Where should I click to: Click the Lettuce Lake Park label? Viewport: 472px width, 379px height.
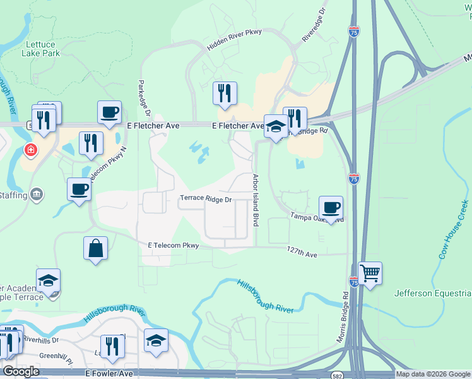[x=43, y=49]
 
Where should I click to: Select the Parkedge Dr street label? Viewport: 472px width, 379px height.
[x=142, y=98]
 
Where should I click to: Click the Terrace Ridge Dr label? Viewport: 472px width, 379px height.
[x=206, y=198]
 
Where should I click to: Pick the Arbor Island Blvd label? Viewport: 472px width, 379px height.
[x=256, y=200]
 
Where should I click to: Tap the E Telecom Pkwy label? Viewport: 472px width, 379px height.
[x=174, y=245]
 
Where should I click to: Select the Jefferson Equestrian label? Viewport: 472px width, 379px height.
[x=432, y=293]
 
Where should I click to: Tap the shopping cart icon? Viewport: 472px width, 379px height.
[x=370, y=274]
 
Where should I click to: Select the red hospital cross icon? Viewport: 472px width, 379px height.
[x=29, y=150]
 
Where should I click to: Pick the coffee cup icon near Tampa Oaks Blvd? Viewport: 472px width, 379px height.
[x=331, y=207]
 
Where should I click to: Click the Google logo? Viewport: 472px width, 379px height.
[x=21, y=371]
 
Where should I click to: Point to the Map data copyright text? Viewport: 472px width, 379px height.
[x=432, y=374]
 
